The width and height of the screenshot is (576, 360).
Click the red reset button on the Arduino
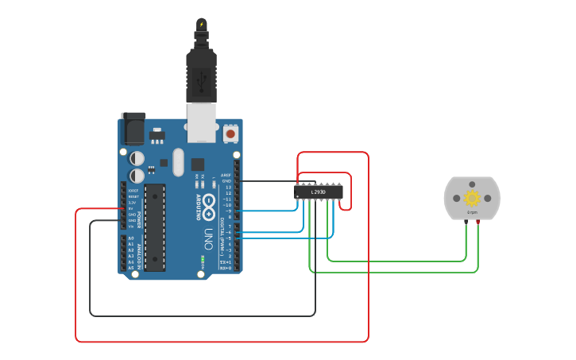[x=230, y=134]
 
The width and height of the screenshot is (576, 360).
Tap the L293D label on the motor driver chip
[x=319, y=192]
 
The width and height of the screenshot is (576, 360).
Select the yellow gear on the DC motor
[x=472, y=198]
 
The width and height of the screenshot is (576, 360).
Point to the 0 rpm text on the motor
[x=472, y=213]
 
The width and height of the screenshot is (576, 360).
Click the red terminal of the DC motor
[x=477, y=223]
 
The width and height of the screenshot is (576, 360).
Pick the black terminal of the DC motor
[x=466, y=223]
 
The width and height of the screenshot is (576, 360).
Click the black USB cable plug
[x=201, y=75]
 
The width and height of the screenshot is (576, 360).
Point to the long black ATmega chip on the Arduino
[x=155, y=227]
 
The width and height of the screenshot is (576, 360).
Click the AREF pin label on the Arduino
[x=226, y=175]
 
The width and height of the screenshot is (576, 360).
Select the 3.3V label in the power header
[x=132, y=203]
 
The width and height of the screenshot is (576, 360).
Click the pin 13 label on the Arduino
[x=228, y=187]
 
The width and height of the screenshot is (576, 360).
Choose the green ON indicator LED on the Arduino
[x=203, y=259]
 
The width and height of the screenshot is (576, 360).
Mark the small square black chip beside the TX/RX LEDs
[x=197, y=164]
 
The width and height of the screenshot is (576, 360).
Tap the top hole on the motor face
[x=472, y=184]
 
